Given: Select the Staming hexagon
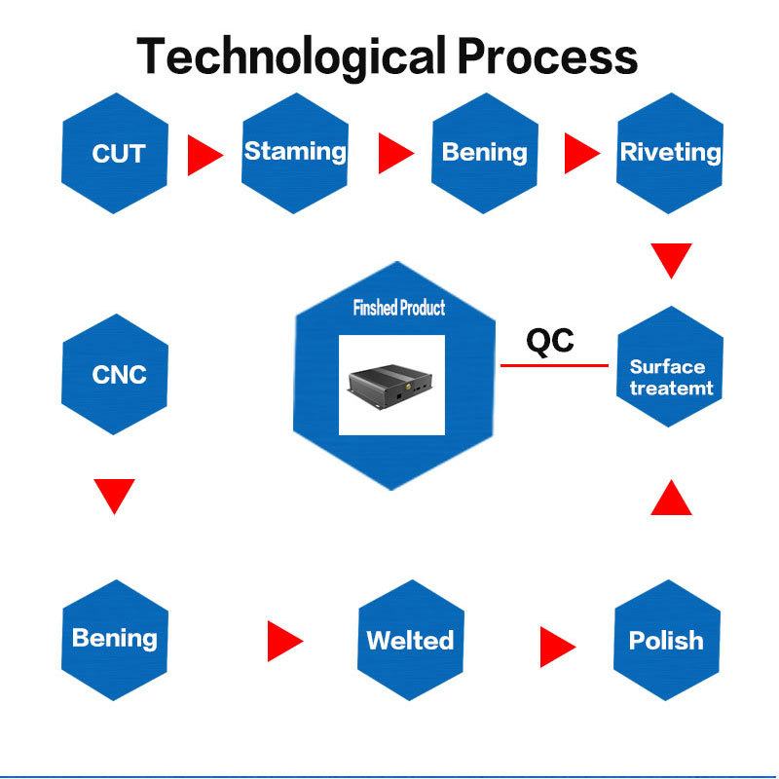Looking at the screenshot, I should [294, 152].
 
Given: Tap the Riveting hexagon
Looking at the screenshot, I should [670, 152].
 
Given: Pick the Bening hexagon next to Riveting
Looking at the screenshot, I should [484, 152].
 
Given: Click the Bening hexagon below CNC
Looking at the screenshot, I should [115, 639].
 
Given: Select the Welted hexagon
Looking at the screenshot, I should [410, 640].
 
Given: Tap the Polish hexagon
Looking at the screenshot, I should [666, 640].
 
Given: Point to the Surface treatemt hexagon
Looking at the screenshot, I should [670, 377].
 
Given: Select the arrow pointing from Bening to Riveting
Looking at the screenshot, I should [580, 153].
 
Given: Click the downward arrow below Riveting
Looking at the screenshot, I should [671, 259].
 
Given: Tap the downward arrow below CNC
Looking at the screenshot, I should [114, 495].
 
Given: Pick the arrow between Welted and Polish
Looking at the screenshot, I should [557, 641].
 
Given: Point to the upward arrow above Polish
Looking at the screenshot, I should [671, 498].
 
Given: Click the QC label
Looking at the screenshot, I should [550, 341].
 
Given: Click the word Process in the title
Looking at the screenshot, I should [547, 56].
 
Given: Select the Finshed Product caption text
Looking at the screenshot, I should [398, 308].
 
